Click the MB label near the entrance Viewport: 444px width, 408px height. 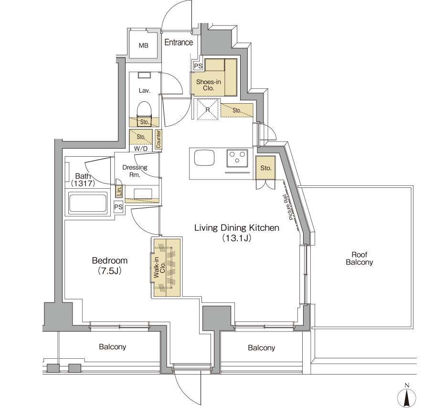coord(144,45)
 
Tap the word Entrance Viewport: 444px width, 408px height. coord(179,42)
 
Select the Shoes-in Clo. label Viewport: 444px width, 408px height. coord(209,85)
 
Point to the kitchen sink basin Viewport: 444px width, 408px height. coord(204,158)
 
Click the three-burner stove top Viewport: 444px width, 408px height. coord(237,159)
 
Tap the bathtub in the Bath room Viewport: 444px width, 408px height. coord(88,203)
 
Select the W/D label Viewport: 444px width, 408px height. coord(141,149)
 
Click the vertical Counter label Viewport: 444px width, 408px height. coord(159,139)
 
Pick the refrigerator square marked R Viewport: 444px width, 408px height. coord(208,109)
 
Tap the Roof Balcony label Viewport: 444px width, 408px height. coord(359,258)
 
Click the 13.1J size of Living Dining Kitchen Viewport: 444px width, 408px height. coord(236,238)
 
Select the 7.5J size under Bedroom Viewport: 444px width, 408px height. coord(110,271)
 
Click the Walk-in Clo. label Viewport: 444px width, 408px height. coord(159,268)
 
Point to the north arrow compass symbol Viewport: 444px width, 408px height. coord(407,397)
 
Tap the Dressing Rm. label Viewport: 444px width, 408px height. coord(135,171)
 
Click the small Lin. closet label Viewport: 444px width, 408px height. coord(119,191)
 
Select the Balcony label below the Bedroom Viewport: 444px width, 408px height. coord(112,347)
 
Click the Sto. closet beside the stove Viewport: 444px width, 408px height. coord(265,168)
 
